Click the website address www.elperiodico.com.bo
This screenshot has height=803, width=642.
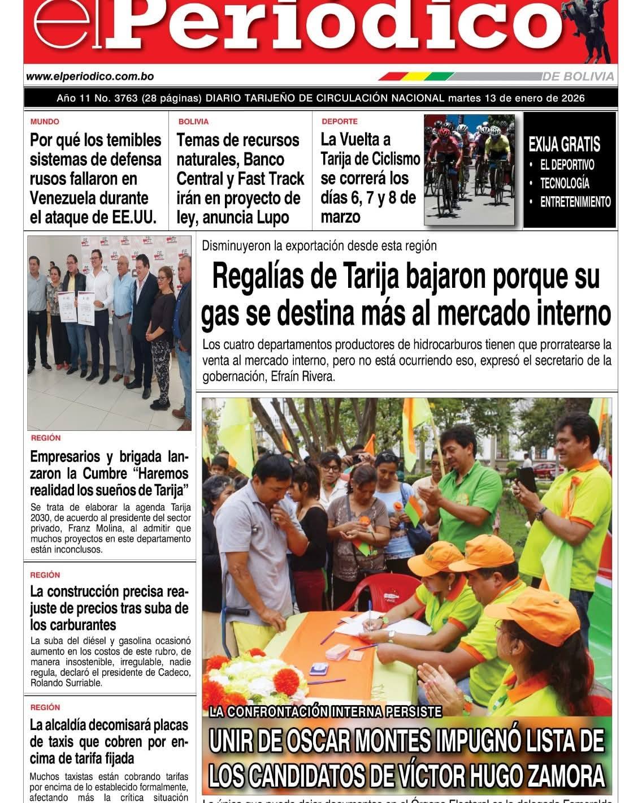[x=90, y=76]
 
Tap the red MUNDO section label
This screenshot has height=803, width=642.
[x=45, y=122]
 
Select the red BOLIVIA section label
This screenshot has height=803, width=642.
[x=193, y=122]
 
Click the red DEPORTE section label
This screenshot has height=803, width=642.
[x=339, y=122]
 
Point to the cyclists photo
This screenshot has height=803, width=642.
[x=470, y=170]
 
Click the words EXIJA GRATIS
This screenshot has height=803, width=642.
[x=564, y=145]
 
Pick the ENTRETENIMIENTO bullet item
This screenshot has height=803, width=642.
[x=575, y=202]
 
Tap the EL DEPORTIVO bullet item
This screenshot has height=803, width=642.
[x=567, y=165]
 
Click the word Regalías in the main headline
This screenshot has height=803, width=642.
[x=258, y=277]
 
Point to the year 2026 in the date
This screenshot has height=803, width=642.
[x=572, y=98]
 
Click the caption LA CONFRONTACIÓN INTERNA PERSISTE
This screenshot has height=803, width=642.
[x=324, y=712]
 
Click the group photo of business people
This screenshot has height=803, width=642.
[x=109, y=333]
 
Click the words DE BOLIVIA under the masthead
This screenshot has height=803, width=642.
[x=580, y=76]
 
